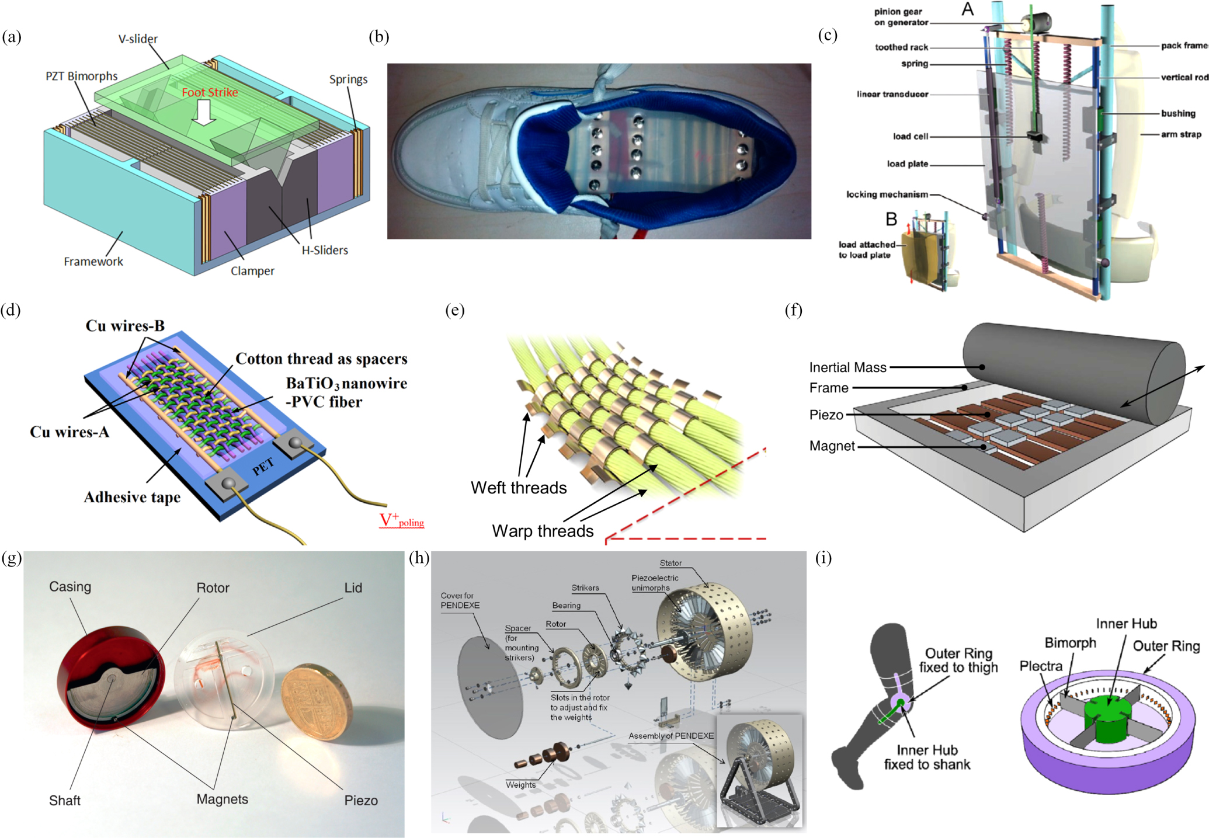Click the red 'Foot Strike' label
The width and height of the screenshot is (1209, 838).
(210, 92)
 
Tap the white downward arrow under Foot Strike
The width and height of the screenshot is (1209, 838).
(204, 112)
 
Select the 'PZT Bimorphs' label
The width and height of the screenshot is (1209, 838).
(82, 77)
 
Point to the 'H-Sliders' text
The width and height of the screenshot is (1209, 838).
(325, 250)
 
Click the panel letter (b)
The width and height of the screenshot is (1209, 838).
(378, 37)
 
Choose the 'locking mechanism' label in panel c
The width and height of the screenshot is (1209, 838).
(887, 194)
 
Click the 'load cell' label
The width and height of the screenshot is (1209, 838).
(910, 137)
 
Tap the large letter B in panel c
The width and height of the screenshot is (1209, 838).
(891, 220)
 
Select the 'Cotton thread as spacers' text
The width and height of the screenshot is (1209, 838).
(321, 359)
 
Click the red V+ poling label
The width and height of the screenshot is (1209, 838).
(401, 520)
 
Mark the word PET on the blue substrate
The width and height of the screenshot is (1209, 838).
(263, 466)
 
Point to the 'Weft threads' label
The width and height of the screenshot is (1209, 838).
(519, 488)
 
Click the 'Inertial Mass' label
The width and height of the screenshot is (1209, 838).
(847, 367)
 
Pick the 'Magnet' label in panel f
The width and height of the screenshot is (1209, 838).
(832, 446)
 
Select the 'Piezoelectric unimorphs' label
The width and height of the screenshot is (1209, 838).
(654, 583)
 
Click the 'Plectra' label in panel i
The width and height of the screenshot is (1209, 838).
(1040, 666)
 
